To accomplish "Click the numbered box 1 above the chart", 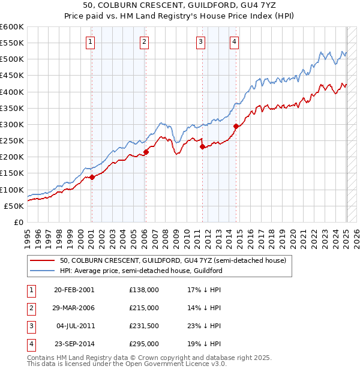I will pyautogui.click(x=90, y=41).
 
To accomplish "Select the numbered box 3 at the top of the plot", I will pyautogui.click(x=200, y=41).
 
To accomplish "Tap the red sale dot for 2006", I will pyautogui.click(x=146, y=152).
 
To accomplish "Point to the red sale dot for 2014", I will pyautogui.click(x=236, y=126).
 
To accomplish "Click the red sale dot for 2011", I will pyautogui.click(x=202, y=146).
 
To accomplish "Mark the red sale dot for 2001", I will pyautogui.click(x=92, y=177).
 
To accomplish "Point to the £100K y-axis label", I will pyautogui.click(x=12, y=190).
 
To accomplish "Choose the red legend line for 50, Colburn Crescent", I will pyautogui.click(x=43, y=261).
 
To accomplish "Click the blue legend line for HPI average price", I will pyautogui.click(x=43, y=271).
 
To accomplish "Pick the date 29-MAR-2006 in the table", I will pyautogui.click(x=74, y=308).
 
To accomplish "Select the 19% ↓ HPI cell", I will pyautogui.click(x=205, y=344).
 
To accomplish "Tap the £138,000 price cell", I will pyautogui.click(x=144, y=290).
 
